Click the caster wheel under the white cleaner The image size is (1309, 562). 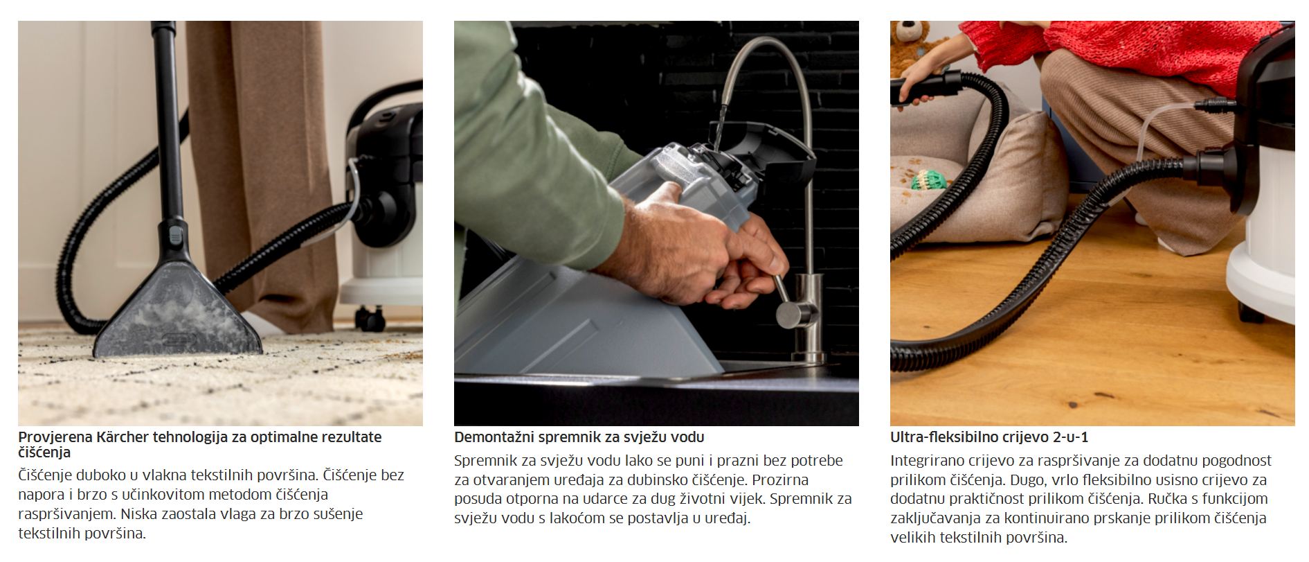pos(371,318)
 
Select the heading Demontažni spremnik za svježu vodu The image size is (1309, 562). pos(579,437)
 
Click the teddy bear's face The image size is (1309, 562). pos(911,35)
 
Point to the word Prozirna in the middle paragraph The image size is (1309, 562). pos(780,480)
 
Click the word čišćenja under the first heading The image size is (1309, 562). pos(44,453)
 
